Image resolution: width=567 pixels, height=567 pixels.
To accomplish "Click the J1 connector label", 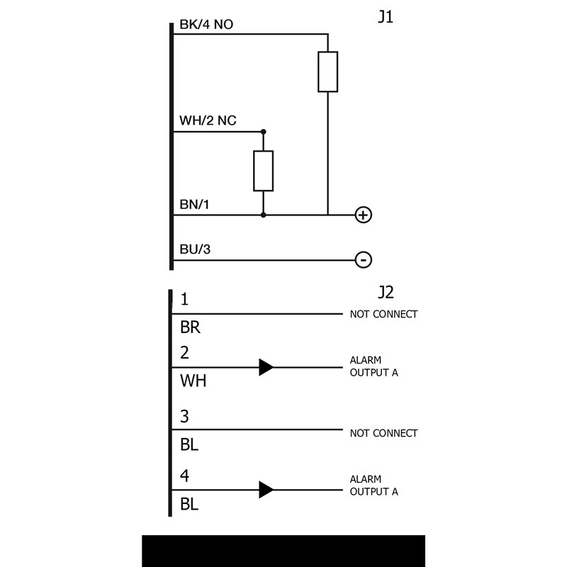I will pyautogui.click(x=386, y=17).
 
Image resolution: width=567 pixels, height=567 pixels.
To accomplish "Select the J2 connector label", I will pyautogui.click(x=386, y=292).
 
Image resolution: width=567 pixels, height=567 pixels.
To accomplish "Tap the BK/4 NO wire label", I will pyautogui.click(x=206, y=25).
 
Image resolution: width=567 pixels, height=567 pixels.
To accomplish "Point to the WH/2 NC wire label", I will pyautogui.click(x=208, y=121).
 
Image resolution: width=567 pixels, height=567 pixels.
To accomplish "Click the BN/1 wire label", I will pyautogui.click(x=194, y=205).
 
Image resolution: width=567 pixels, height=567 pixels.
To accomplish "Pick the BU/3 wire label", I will pyautogui.click(x=195, y=249).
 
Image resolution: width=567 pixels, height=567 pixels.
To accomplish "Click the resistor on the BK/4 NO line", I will pyautogui.click(x=327, y=72).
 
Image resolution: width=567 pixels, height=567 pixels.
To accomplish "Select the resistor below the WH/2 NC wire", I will pyautogui.click(x=264, y=171).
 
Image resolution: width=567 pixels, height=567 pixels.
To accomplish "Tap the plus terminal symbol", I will pyautogui.click(x=363, y=215).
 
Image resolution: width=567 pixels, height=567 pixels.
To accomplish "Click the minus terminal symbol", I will pyautogui.click(x=363, y=260).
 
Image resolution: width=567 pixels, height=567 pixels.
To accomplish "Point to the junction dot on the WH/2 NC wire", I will pyautogui.click(x=264, y=132).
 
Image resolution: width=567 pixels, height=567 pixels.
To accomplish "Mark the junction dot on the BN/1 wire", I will pyautogui.click(x=264, y=214).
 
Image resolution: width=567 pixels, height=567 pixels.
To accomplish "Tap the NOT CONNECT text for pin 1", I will pyautogui.click(x=383, y=314).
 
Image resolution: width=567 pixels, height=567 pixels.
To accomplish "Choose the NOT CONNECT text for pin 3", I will pyautogui.click(x=383, y=433).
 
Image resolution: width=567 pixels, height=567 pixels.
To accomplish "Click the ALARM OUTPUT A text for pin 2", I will pyautogui.click(x=374, y=367).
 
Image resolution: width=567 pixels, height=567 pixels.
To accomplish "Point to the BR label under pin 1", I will pyautogui.click(x=190, y=328).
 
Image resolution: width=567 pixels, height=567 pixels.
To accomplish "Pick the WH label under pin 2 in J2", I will pyautogui.click(x=193, y=381).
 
